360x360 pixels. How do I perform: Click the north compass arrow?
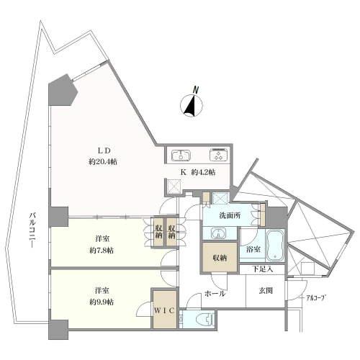192,106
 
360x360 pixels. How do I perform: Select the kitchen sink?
180,156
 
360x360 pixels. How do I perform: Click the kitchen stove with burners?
216,156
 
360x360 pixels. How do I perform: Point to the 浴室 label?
253,250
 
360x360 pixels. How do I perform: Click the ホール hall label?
215,294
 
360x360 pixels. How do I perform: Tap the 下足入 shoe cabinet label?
262,269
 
